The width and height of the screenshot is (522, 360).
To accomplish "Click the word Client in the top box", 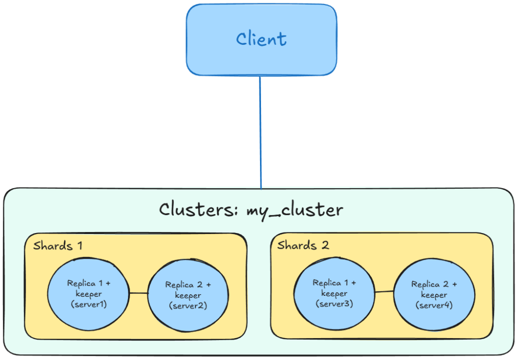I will (261, 40).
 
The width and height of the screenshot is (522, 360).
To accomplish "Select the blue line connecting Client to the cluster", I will (260, 133).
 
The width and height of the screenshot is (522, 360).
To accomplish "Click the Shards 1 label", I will (58, 246).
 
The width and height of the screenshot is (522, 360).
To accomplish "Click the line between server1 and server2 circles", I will (138, 293).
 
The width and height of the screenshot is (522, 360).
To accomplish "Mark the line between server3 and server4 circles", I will (384, 292).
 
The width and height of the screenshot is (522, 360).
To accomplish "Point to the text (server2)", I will (188, 305).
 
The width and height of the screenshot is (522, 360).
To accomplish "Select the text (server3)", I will (334, 303).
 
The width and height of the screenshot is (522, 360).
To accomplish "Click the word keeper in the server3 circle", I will (334, 293).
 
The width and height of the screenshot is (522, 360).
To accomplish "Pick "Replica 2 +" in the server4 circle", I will (434, 285).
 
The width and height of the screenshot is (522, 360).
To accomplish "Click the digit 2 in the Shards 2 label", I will (325, 245).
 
